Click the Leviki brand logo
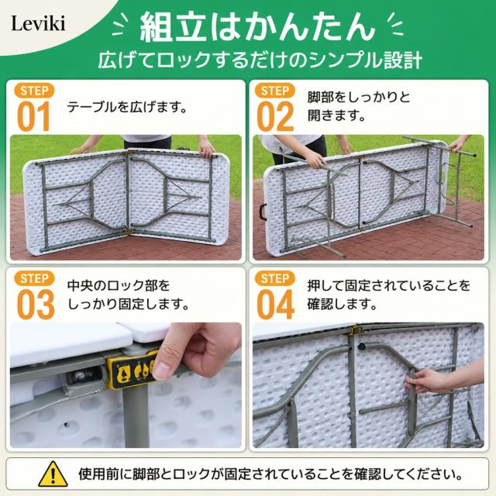(38, 23)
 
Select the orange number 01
(33, 116)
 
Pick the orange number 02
(275, 116)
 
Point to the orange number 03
(36, 305)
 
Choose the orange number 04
(276, 305)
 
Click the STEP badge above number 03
(34, 279)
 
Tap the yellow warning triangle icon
(53, 474)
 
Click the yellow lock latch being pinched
(131, 369)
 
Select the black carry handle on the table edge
(263, 212)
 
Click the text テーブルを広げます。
(127, 107)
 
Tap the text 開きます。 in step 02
(336, 115)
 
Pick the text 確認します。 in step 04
(343, 305)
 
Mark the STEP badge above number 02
(275, 91)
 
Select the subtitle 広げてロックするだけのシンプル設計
(260, 60)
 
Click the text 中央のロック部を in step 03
(119, 286)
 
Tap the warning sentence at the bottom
(270, 474)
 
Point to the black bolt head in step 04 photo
(362, 347)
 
